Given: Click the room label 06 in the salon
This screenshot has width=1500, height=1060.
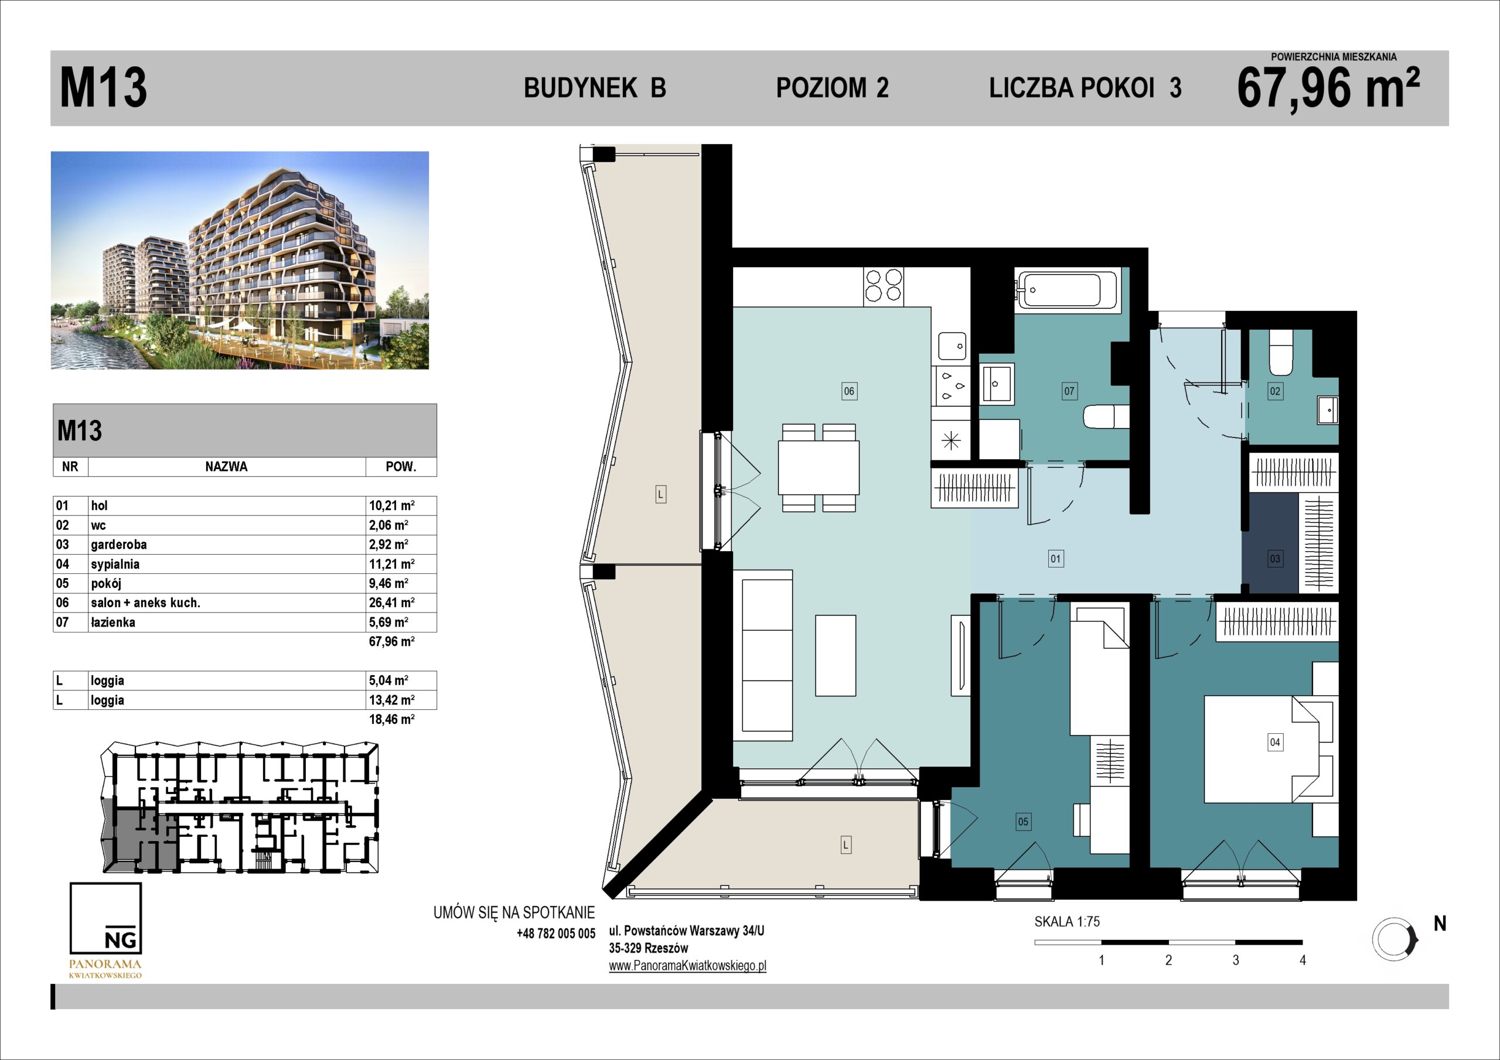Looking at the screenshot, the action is pos(848,391).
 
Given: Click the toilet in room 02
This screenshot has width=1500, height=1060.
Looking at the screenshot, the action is pos(1280,353).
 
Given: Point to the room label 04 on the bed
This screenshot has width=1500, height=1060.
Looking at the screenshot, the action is pos(1274,742).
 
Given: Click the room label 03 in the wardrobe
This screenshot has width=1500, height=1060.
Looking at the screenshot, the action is pos(1274,559).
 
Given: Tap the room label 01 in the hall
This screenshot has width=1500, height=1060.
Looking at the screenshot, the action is pos(1055,559).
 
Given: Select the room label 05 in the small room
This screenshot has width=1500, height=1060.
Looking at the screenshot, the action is pos(1023,822).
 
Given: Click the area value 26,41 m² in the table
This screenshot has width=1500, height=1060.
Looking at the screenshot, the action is pos(391,602).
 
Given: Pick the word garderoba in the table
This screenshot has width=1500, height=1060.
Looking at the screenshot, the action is pos(119,544).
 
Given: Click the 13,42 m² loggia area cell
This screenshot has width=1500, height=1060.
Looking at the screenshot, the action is pos(391,699).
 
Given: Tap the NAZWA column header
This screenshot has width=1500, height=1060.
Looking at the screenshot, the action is pos(226,466).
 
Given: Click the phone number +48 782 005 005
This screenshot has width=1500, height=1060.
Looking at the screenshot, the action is pos(556,934).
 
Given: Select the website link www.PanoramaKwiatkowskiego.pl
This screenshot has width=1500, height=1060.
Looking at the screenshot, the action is pos(687,965).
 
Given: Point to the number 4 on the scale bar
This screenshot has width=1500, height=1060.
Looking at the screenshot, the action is pos(1302,960).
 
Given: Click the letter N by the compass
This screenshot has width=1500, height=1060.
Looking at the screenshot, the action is pos(1440,924).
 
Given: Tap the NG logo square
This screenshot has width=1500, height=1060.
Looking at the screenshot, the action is pos(105,918).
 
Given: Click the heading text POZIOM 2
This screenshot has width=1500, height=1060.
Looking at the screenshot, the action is pos(832,87).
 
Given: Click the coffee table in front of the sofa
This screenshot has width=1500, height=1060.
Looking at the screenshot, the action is pos(835,655).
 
